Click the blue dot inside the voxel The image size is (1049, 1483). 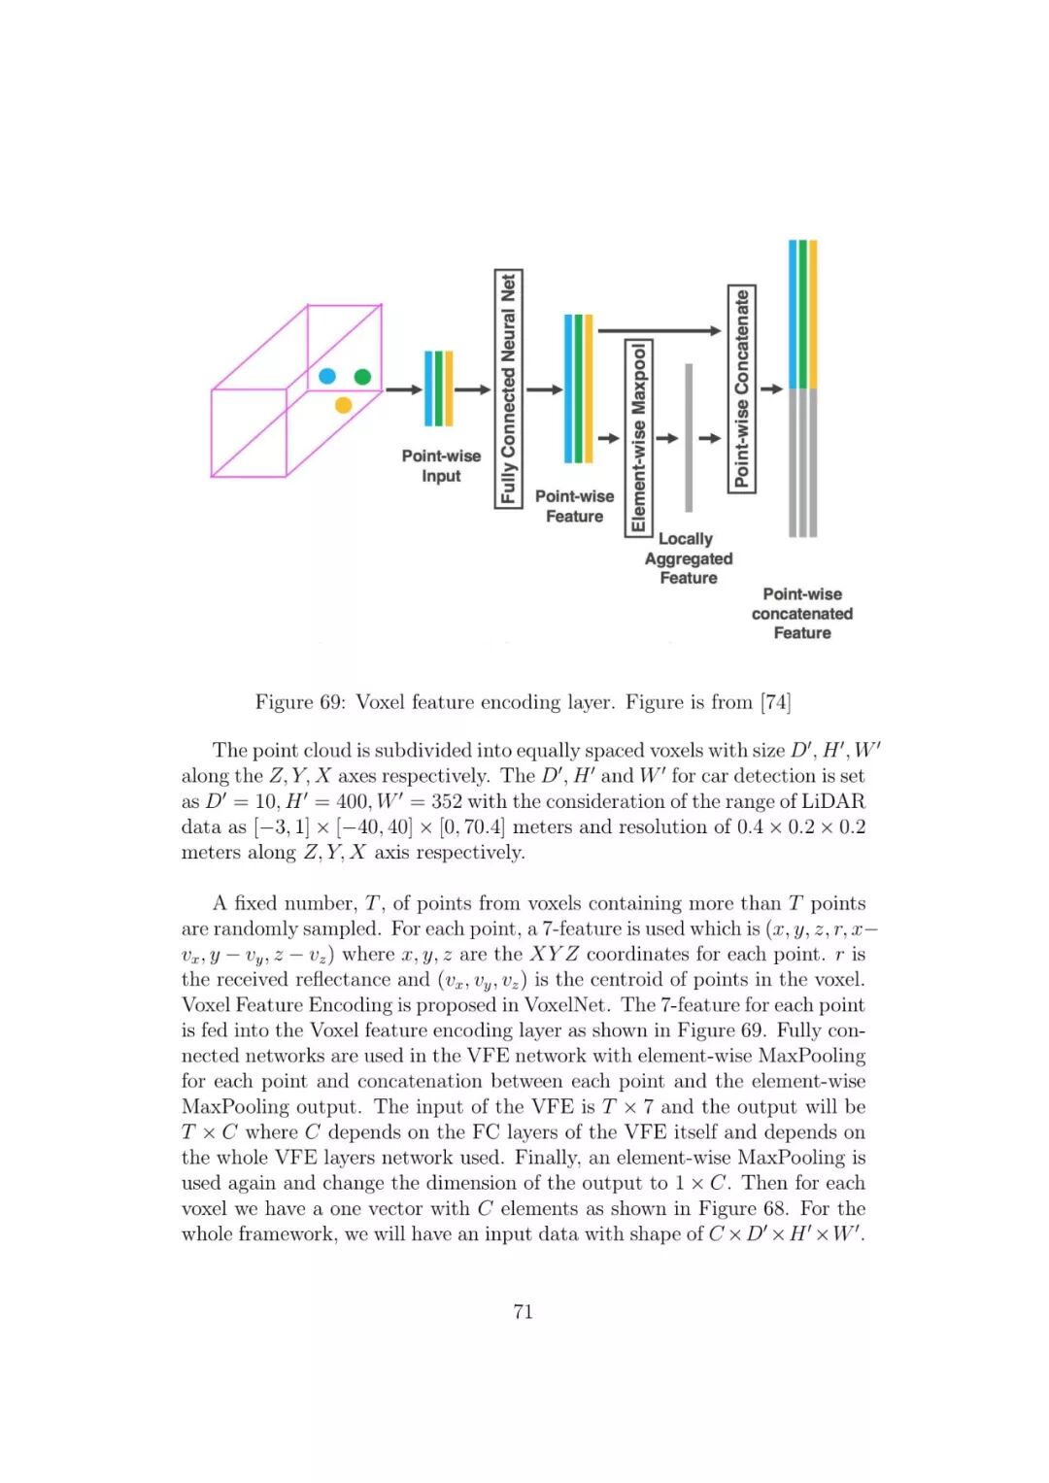tap(327, 376)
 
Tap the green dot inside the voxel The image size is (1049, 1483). tap(362, 376)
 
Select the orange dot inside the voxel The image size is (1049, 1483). tap(343, 404)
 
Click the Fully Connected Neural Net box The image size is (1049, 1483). tap(508, 388)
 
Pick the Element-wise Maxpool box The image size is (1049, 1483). tap(638, 437)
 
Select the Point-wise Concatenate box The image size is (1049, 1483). tap(742, 388)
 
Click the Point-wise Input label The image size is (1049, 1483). tap(441, 465)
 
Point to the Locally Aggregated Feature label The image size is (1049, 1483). tap(688, 558)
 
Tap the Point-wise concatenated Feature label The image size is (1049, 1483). tap(802, 614)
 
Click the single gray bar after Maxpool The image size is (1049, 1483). tap(689, 437)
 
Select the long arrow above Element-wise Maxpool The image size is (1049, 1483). tap(659, 331)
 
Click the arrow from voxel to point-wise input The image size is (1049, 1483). tap(404, 389)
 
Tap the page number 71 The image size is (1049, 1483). tap(524, 1311)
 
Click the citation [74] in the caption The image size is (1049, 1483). tap(776, 702)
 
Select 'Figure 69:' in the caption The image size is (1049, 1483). tap(299, 702)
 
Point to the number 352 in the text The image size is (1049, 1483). tap(444, 801)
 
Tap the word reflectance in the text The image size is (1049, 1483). tap(342, 979)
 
